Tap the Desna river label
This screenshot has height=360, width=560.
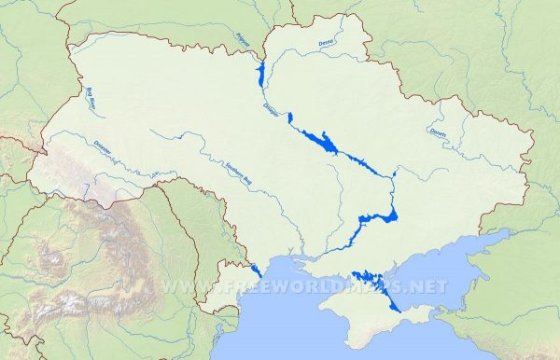pos(326,43)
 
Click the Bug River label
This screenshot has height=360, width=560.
pos(93,98)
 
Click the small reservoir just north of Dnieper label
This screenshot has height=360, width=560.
pos(290,118)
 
